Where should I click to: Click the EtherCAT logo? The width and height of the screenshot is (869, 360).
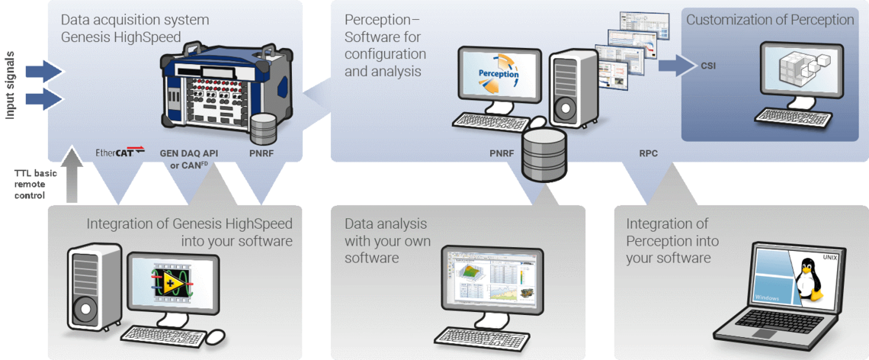(119, 153)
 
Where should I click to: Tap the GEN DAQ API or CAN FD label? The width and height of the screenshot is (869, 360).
(188, 158)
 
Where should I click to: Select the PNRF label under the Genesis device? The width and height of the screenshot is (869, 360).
(261, 153)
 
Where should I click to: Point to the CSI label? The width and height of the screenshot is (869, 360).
(708, 66)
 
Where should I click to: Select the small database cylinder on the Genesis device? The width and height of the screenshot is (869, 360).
(263, 128)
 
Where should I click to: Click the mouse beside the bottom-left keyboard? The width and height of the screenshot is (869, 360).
(216, 336)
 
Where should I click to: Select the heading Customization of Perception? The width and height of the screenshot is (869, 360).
(770, 21)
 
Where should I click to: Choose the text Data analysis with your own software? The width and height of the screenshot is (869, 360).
(387, 241)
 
